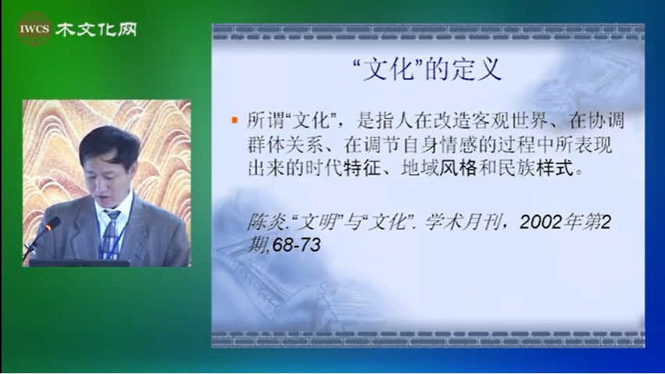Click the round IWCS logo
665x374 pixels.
point(34,29)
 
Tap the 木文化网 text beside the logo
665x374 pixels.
point(96,30)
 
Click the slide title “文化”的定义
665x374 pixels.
point(427,69)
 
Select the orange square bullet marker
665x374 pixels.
point(234,120)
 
